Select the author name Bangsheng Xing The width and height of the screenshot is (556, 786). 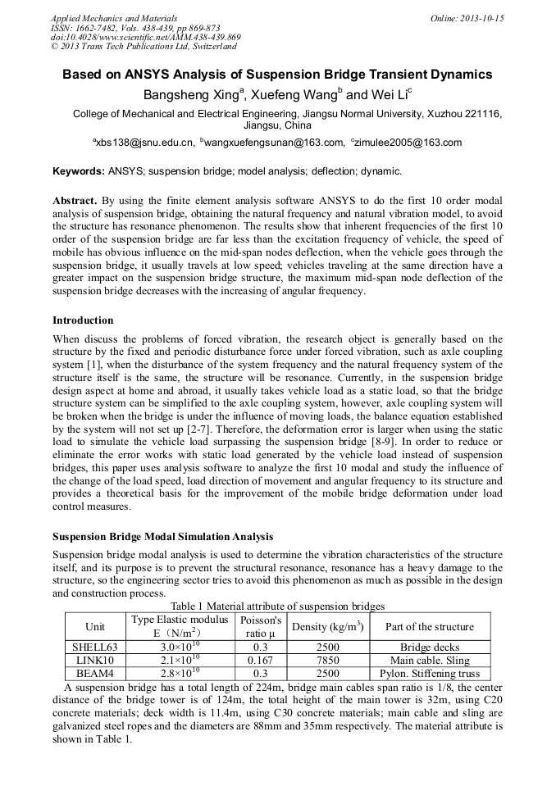click(190, 94)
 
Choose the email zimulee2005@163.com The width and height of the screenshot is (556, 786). click(408, 143)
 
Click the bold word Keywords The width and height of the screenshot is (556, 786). click(78, 172)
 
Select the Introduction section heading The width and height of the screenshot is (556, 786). click(83, 320)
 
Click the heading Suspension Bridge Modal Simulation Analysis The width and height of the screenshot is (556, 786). click(163, 537)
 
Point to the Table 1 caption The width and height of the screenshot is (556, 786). click(277, 606)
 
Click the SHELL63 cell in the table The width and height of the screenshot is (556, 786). click(95, 647)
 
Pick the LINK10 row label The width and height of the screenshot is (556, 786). click(95, 660)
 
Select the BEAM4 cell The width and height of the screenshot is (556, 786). click(95, 673)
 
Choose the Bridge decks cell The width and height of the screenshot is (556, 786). click(430, 647)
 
